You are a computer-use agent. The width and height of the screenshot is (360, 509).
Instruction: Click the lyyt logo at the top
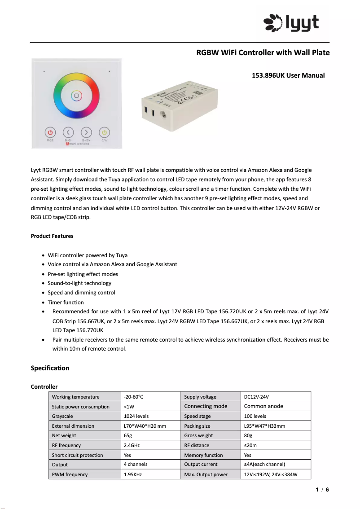coord(291,22)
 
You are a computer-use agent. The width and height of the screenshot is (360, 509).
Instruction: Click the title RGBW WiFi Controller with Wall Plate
coord(263,53)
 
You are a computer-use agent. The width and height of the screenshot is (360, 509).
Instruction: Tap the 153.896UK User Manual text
coord(288,75)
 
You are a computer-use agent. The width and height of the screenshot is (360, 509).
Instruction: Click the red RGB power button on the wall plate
coord(50,132)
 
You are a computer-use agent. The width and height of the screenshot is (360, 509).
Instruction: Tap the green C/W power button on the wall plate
coord(104,132)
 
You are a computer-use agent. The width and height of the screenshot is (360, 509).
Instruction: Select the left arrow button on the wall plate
coord(68,132)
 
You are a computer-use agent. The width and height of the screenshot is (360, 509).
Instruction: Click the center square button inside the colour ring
coord(76,96)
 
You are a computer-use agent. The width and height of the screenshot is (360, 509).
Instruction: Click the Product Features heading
coord(52,236)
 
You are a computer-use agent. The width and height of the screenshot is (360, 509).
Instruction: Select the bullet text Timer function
coord(66,303)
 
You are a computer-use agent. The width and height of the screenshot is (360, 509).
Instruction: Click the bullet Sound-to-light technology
coord(79,283)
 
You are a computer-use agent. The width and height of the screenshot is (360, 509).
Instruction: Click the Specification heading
coord(50,368)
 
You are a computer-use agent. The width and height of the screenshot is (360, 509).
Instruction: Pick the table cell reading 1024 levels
coord(136,416)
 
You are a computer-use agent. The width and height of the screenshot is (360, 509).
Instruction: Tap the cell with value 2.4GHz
coord(132,445)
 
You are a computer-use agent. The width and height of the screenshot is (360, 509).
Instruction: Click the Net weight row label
coord(64,435)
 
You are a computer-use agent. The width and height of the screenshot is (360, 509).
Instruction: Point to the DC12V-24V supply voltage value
coord(256,397)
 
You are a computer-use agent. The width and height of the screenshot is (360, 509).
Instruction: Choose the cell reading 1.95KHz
coord(132,474)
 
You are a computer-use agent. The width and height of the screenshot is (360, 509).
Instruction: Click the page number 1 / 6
coord(322,490)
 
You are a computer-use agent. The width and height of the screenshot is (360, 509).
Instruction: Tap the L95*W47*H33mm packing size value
coord(264,426)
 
